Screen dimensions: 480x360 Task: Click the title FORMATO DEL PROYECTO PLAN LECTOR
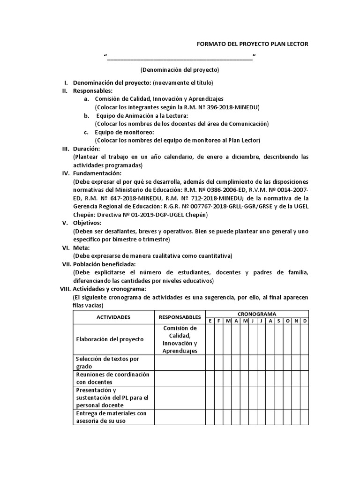252,44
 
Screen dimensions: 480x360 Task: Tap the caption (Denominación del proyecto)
180,70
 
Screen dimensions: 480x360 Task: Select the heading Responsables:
93,90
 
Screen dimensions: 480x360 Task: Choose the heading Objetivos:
87,223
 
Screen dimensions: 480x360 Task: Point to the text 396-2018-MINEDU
237,107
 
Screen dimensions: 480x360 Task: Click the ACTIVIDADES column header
113,317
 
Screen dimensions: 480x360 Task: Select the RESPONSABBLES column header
180,317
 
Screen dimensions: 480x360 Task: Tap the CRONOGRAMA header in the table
256,314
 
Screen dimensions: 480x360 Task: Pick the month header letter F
218,321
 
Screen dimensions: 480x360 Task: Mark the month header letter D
304,321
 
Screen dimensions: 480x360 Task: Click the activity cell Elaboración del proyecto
109,339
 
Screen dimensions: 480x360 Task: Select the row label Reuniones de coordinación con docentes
112,378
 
